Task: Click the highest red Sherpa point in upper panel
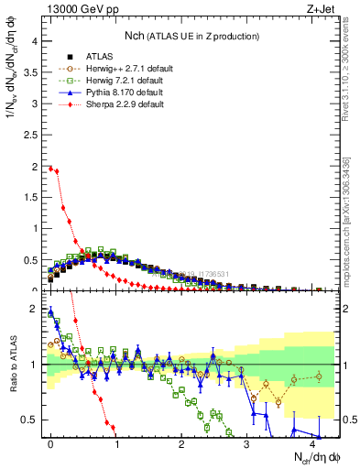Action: coord(50,168)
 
